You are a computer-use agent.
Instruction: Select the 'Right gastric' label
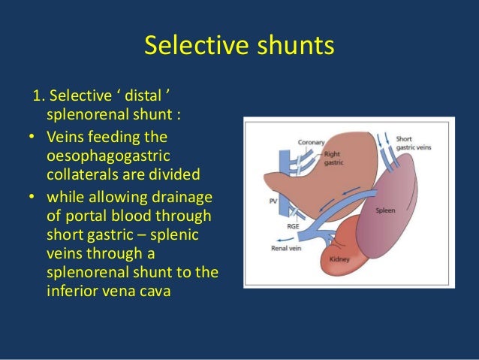(x=333, y=155)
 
